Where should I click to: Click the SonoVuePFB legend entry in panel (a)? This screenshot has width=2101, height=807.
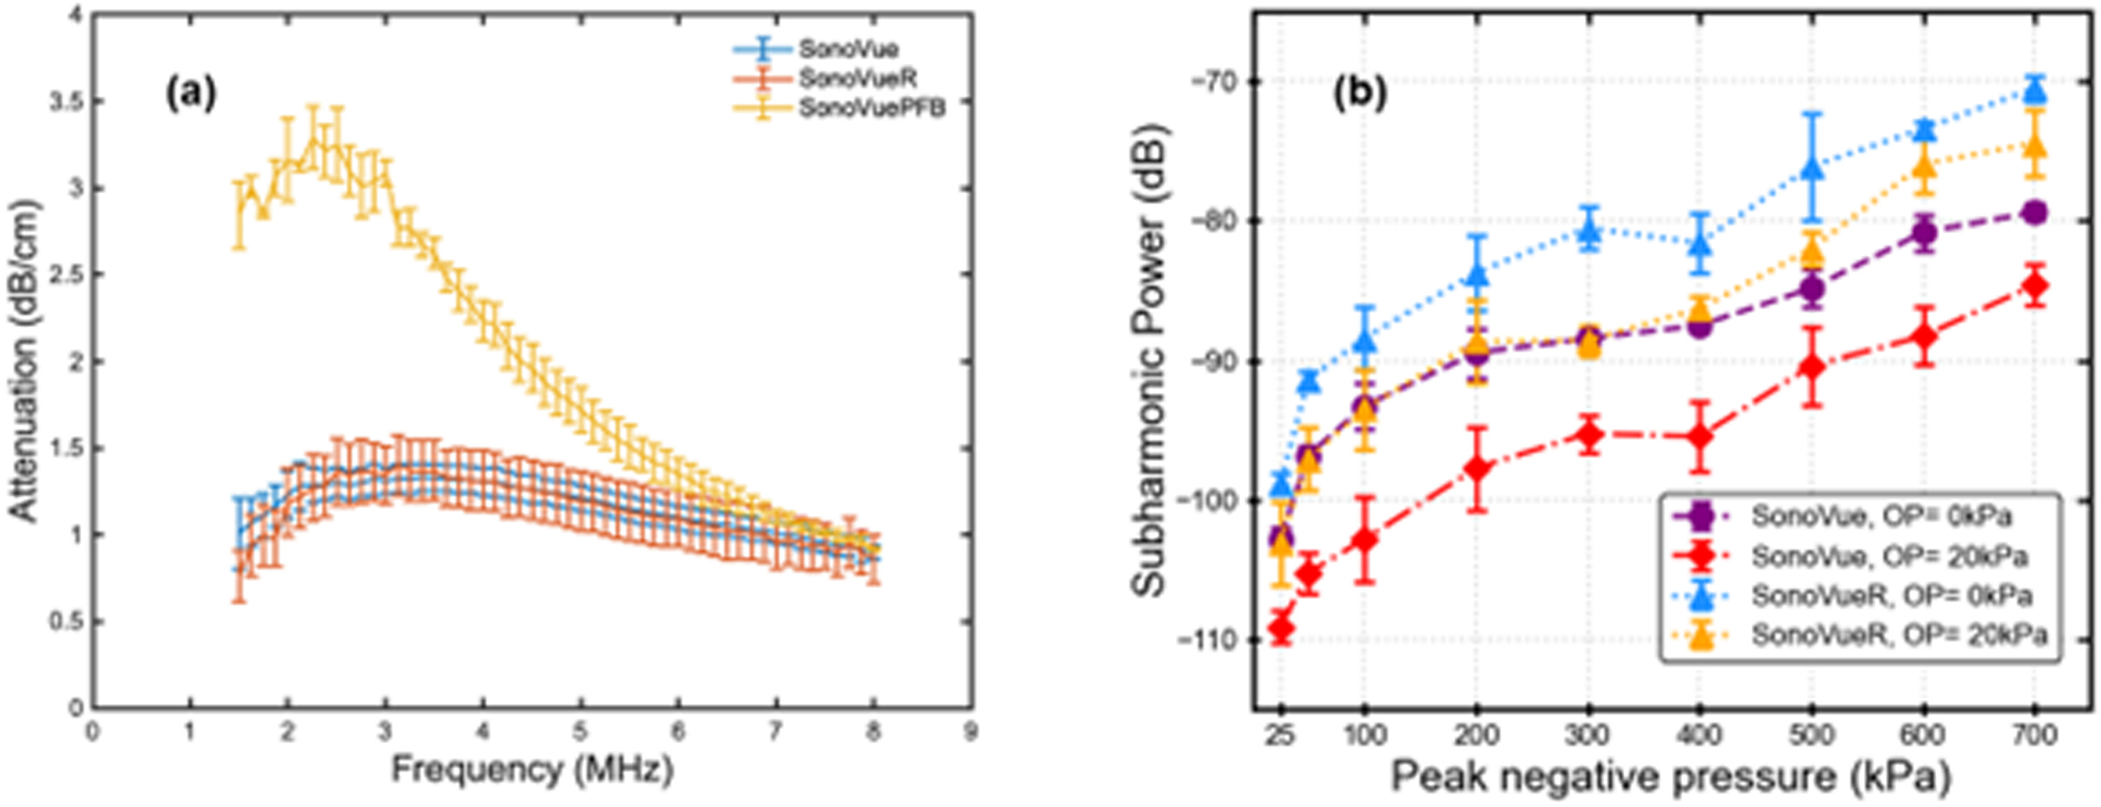coord(871,108)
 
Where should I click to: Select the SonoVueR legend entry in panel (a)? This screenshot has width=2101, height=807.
coord(857,78)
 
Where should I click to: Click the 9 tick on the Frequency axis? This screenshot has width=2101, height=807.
coord(970,732)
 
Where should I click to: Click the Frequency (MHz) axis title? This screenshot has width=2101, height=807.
coord(532,769)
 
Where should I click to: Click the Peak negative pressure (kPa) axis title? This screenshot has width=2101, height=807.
coord(1670,776)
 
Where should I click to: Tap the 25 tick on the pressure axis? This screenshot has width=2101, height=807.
coord(1280,736)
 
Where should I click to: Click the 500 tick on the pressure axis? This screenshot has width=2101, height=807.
coord(1812,736)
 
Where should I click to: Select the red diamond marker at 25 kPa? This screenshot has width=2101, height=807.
coord(1282,627)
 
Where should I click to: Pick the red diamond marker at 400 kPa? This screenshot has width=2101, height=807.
coord(1700,436)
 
